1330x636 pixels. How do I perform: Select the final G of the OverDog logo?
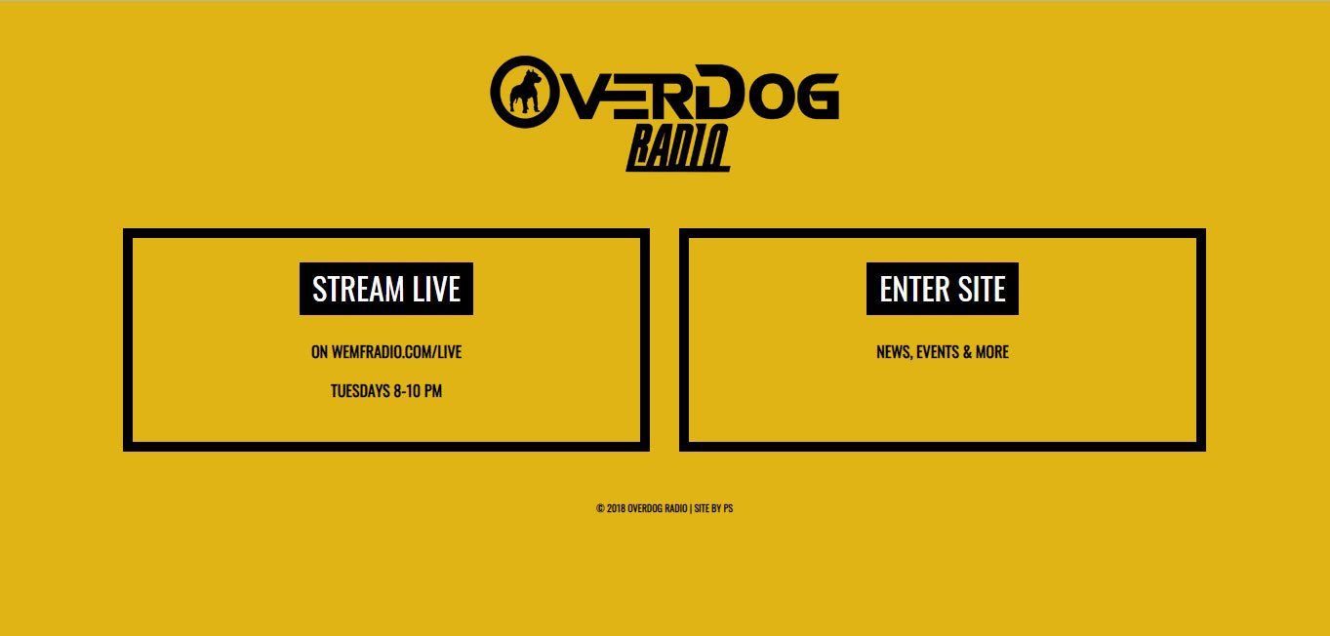click(815, 97)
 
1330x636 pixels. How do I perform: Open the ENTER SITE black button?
click(943, 290)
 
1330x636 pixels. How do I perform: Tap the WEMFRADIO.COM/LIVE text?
click(396, 352)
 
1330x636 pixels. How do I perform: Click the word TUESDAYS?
click(360, 391)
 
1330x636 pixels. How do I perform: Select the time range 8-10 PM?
click(418, 391)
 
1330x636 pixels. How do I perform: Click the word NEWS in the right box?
click(893, 352)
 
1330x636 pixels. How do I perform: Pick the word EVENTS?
click(938, 352)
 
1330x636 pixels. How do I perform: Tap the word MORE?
click(991, 352)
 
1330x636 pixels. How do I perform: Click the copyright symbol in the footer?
click(600, 508)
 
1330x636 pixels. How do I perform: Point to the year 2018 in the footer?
click(615, 508)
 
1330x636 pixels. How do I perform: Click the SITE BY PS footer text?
click(713, 508)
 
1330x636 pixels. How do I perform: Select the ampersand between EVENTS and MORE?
click(967, 352)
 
